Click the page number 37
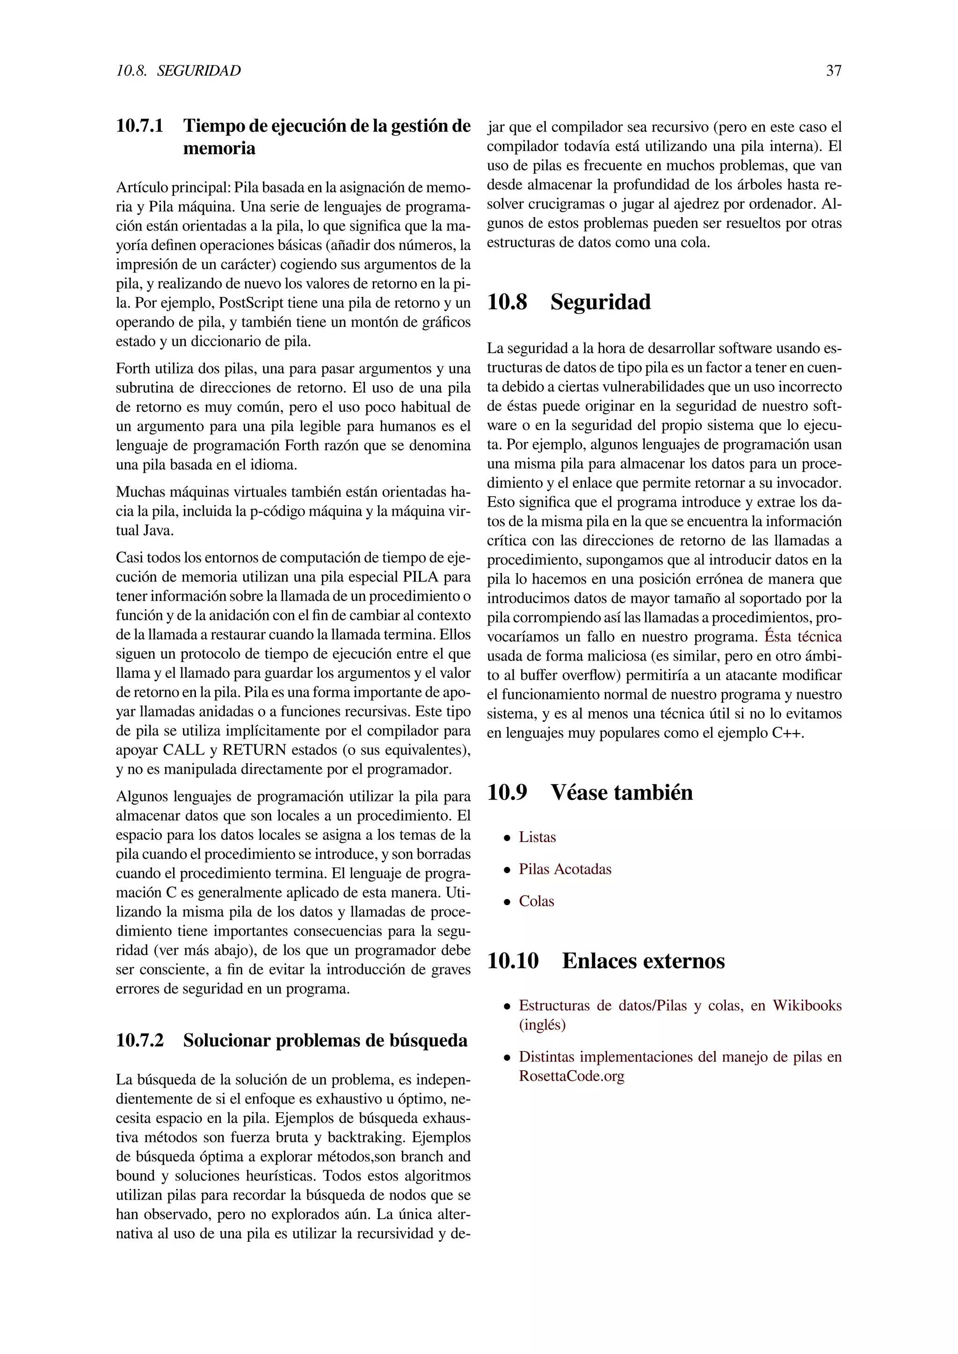(834, 71)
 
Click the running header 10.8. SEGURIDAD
(178, 71)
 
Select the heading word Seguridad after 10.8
(600, 302)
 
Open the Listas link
(537, 837)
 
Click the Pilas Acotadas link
(565, 869)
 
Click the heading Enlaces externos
(643, 961)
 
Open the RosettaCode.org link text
(571, 1076)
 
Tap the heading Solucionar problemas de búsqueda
(325, 1040)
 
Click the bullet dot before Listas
(506, 838)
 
